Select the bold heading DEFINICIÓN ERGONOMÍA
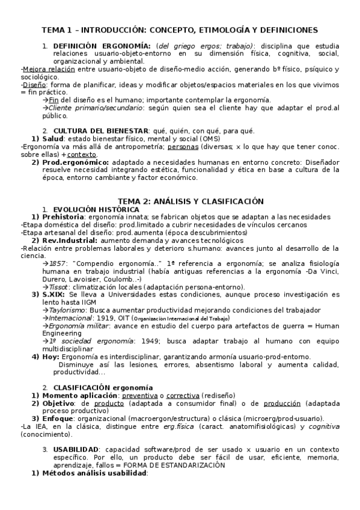102,46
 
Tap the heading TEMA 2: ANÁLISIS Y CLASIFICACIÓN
180,200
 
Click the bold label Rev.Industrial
69,240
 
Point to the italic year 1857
58,263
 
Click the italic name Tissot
59,287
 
